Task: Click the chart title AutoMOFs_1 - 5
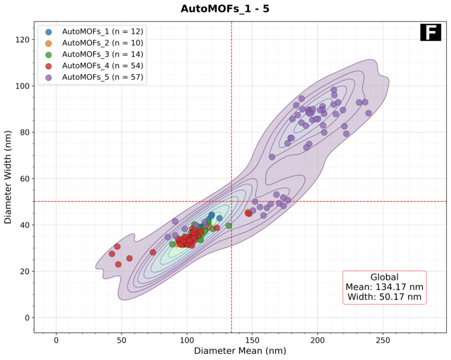pyautogui.click(x=225, y=9)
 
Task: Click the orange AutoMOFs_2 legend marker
pyautogui.click(x=49, y=43)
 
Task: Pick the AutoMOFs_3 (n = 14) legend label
pyautogui.click(x=102, y=54)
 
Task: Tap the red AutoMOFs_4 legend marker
pyautogui.click(x=49, y=66)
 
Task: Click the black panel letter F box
pyautogui.click(x=430, y=32)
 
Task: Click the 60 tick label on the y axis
pyautogui.click(x=25, y=179)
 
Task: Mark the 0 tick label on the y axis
pyautogui.click(x=27, y=318)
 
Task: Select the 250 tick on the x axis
pyautogui.click(x=383, y=341)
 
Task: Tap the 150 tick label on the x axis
pyautogui.click(x=252, y=341)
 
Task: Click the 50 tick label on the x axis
pyautogui.click(x=121, y=341)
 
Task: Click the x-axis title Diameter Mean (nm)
pyautogui.click(x=240, y=351)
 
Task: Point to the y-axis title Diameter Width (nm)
pyautogui.click(x=8, y=177)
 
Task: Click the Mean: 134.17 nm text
pyautogui.click(x=384, y=287)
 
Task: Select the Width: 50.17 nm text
pyautogui.click(x=384, y=297)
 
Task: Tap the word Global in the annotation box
pyautogui.click(x=384, y=277)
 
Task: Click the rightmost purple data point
pyautogui.click(x=368, y=113)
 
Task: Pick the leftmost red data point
pyautogui.click(x=112, y=254)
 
